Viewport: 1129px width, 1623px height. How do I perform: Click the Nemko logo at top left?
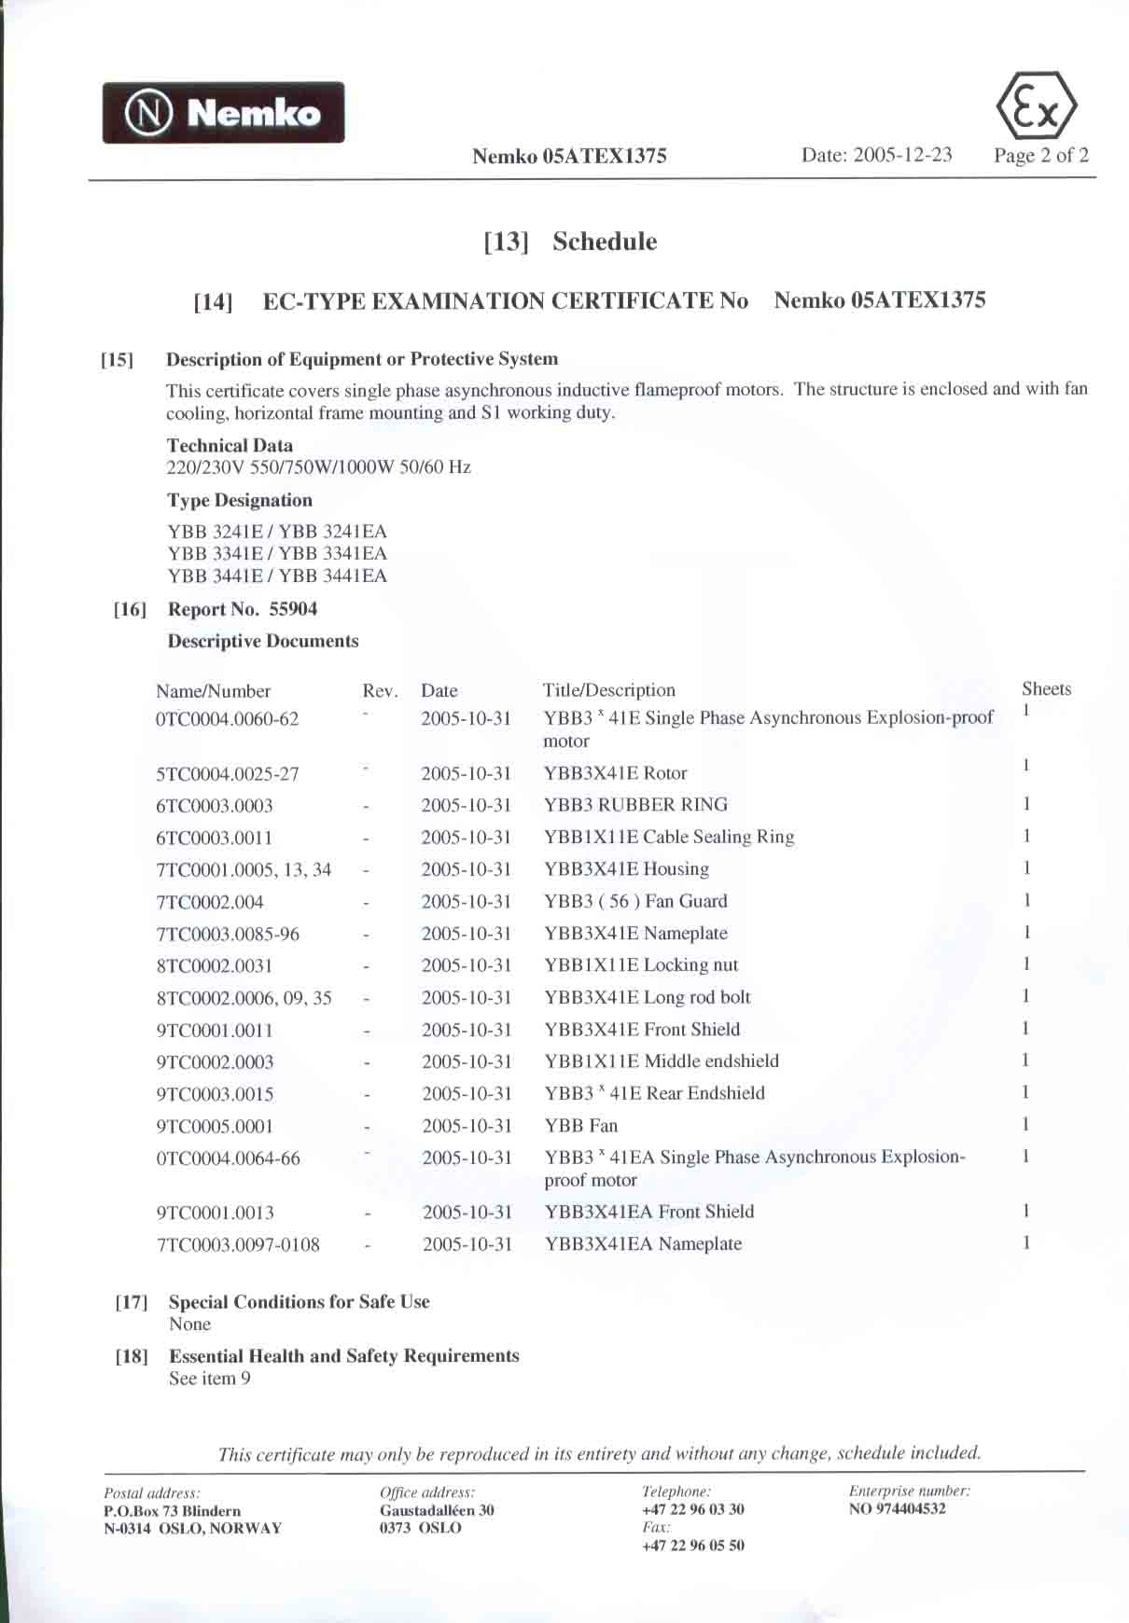pos(223,113)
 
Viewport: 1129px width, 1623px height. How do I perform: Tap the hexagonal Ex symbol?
pos(1037,107)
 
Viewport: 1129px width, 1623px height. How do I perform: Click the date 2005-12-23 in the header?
pos(876,155)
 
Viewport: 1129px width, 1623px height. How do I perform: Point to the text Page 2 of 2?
pos(1040,156)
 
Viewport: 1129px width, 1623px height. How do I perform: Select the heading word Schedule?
pos(605,242)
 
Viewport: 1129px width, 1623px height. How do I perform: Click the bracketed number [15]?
pos(117,360)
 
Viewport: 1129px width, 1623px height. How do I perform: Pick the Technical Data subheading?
pos(230,445)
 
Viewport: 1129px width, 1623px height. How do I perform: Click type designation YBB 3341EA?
pos(332,553)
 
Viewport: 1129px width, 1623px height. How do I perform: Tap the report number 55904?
pos(293,609)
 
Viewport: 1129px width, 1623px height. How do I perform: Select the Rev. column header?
pos(380,691)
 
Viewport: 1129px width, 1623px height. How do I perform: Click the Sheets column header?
pos(1046,689)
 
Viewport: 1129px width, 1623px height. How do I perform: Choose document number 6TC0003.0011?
pos(214,838)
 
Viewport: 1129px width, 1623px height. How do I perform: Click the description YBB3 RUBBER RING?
pos(635,804)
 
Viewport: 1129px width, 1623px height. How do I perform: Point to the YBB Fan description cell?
pos(580,1125)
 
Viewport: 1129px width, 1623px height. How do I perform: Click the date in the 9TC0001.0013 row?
pos(467,1212)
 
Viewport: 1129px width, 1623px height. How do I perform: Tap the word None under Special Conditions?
pos(189,1325)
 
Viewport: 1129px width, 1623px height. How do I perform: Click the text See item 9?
pos(209,1379)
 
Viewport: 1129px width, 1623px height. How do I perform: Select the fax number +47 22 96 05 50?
pos(692,1546)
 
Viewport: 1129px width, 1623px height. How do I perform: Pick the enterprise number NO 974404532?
pos(897,1509)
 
